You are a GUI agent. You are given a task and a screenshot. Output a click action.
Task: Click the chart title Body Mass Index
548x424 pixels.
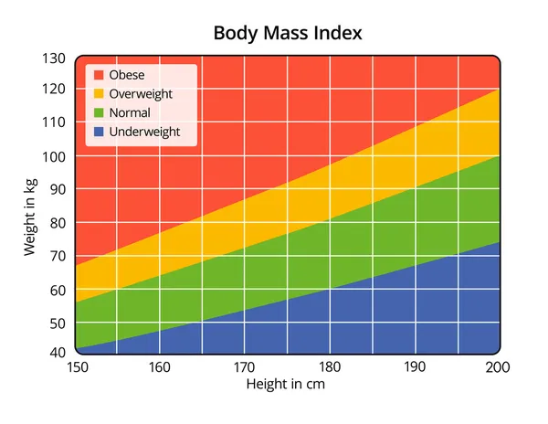(288, 34)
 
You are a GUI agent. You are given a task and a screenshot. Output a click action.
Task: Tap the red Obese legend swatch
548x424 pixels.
(98, 75)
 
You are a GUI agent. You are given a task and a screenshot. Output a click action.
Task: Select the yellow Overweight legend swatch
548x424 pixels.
(98, 94)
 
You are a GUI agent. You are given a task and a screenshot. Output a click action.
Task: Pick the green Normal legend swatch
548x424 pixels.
(98, 113)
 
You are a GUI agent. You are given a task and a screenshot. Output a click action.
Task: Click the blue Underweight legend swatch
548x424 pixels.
(98, 132)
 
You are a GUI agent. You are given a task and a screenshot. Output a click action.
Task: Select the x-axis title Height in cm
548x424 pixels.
(286, 385)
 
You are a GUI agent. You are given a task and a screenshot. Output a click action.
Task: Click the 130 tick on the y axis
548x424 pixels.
(54, 58)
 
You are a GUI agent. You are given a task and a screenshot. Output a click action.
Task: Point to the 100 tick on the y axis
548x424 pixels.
(54, 156)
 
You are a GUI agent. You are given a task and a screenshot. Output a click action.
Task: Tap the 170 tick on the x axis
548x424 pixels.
(244, 367)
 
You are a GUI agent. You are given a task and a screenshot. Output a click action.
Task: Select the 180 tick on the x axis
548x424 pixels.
(329, 367)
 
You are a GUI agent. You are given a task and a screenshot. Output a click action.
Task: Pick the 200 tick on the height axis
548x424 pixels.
(497, 367)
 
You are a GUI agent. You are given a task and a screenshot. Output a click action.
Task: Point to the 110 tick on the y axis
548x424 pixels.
(54, 122)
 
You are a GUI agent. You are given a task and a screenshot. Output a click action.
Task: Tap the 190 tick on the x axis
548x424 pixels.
(414, 367)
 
